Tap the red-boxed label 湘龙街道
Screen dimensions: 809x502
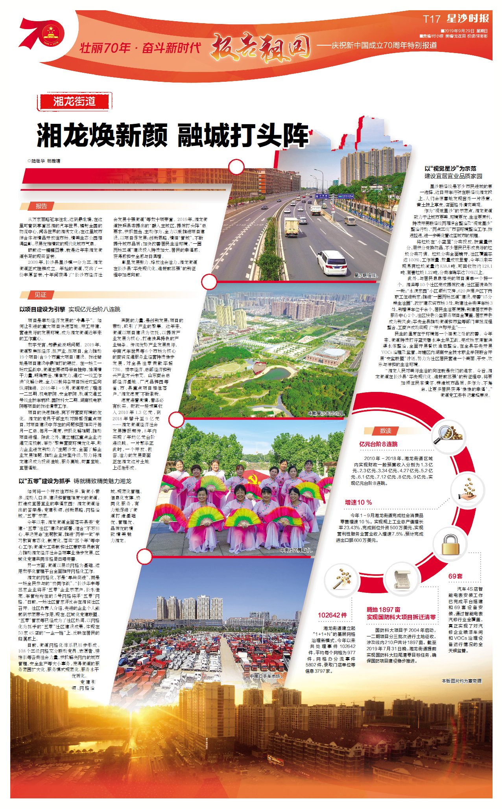pyautogui.click(x=74, y=101)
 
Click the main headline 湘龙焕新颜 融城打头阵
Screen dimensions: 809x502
pyautogui.click(x=173, y=135)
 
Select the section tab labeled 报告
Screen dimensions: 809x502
pyautogui.click(x=41, y=206)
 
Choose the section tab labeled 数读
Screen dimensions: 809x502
pyautogui.click(x=385, y=431)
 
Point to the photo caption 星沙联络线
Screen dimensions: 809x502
pyautogui.click(x=365, y=276)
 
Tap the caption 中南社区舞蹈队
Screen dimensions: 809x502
pyautogui.click(x=296, y=550)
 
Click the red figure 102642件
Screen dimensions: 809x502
pyautogui.click(x=332, y=615)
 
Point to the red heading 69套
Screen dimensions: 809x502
pyautogui.click(x=455, y=576)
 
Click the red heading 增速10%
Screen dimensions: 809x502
pyautogui.click(x=358, y=502)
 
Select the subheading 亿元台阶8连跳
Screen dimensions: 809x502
pyautogui.click(x=378, y=444)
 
